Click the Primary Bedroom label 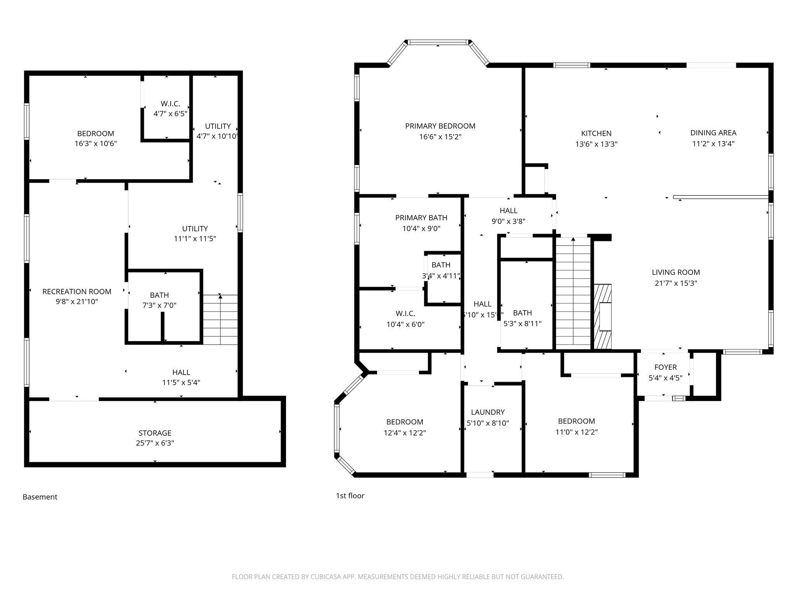pyautogui.click(x=440, y=126)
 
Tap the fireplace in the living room pyautogui.click(x=602, y=316)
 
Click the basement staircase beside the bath pyautogui.click(x=220, y=319)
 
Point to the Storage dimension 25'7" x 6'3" pyautogui.click(x=155, y=443)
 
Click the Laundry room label pyautogui.click(x=487, y=412)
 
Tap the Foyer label pyautogui.click(x=665, y=367)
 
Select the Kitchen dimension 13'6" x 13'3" pyautogui.click(x=596, y=144)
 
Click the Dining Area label pyautogui.click(x=713, y=133)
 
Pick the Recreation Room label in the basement pyautogui.click(x=77, y=291)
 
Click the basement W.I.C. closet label pyautogui.click(x=170, y=104)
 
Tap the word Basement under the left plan pyautogui.click(x=40, y=497)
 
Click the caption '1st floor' pyautogui.click(x=350, y=496)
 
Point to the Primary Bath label pyautogui.click(x=421, y=218)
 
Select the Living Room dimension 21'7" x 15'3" pyautogui.click(x=676, y=283)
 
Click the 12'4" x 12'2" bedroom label pyautogui.click(x=404, y=422)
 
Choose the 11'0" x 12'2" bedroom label pyautogui.click(x=576, y=421)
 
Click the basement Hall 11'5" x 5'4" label pyautogui.click(x=181, y=372)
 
